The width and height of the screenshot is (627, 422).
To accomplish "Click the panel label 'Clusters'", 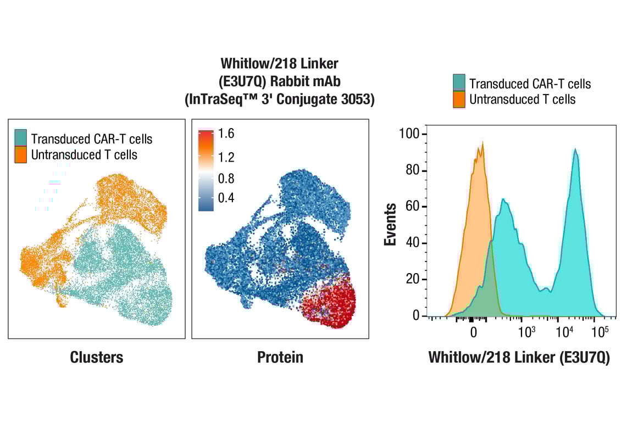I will (x=97, y=358).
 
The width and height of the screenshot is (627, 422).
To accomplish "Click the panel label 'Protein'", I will (x=280, y=358).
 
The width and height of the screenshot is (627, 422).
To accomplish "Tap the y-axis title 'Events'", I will (x=391, y=224).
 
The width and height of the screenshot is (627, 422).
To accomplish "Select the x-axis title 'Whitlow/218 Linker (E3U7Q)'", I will (x=519, y=358).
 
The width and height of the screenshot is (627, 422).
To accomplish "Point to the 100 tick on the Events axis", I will (x=409, y=135).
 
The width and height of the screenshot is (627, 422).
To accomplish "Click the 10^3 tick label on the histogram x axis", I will (x=526, y=331).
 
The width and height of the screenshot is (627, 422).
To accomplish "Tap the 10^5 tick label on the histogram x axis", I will (x=600, y=331).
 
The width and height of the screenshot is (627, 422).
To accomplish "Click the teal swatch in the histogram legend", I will (x=459, y=83).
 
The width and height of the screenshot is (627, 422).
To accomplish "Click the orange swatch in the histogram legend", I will (x=459, y=99).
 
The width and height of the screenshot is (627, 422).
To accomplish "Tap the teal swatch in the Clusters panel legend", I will (x=21, y=138).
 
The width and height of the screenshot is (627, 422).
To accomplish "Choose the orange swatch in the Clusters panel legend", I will (x=21, y=154).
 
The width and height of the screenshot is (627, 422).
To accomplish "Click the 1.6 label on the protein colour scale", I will (x=226, y=134).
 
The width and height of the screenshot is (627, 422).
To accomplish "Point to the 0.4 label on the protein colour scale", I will (x=226, y=198).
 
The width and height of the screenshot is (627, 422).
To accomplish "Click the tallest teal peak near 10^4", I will (x=575, y=149).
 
